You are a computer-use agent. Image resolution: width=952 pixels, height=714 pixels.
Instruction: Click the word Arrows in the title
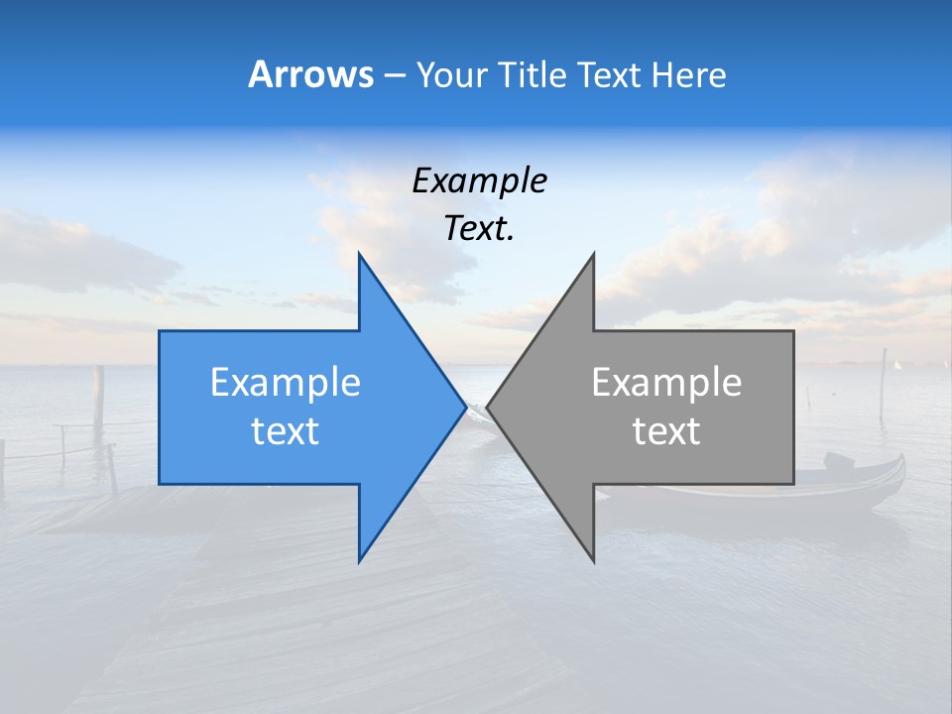click(x=310, y=74)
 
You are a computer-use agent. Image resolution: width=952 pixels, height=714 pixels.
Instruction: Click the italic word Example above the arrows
click(x=479, y=181)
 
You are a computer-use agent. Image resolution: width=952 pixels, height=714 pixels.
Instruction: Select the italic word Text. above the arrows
click(x=479, y=229)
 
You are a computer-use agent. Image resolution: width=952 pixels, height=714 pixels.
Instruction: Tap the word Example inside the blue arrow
click(x=285, y=383)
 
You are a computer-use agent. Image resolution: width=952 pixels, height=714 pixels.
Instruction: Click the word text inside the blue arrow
click(x=285, y=431)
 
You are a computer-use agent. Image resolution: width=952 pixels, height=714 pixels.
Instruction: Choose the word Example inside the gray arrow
click(x=666, y=383)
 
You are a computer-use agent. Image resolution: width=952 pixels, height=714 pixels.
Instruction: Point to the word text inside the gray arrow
click(x=666, y=431)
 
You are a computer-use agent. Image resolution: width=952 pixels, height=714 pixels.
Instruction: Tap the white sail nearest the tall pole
click(x=897, y=366)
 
